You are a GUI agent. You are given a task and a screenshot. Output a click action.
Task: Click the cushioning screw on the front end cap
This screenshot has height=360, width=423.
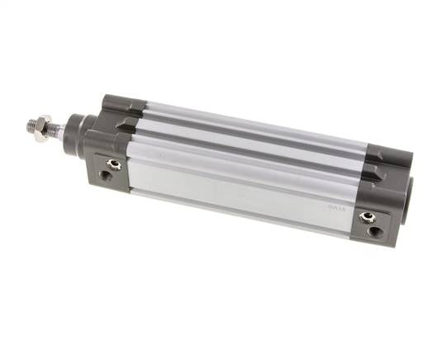click(x=114, y=164)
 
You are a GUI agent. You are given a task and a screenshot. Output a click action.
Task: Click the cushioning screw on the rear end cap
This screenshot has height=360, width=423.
click(x=368, y=217)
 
